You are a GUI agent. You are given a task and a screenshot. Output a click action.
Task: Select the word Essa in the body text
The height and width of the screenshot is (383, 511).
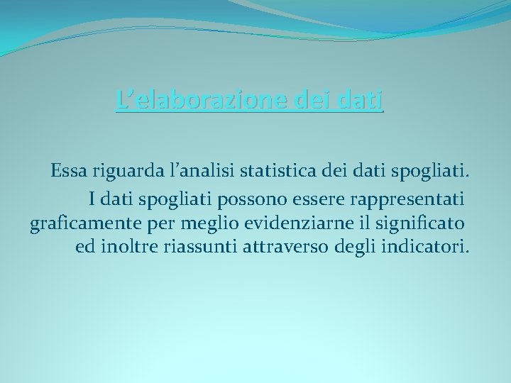point(68,172)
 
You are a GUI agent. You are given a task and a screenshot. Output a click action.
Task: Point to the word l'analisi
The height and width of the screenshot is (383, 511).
point(197,172)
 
